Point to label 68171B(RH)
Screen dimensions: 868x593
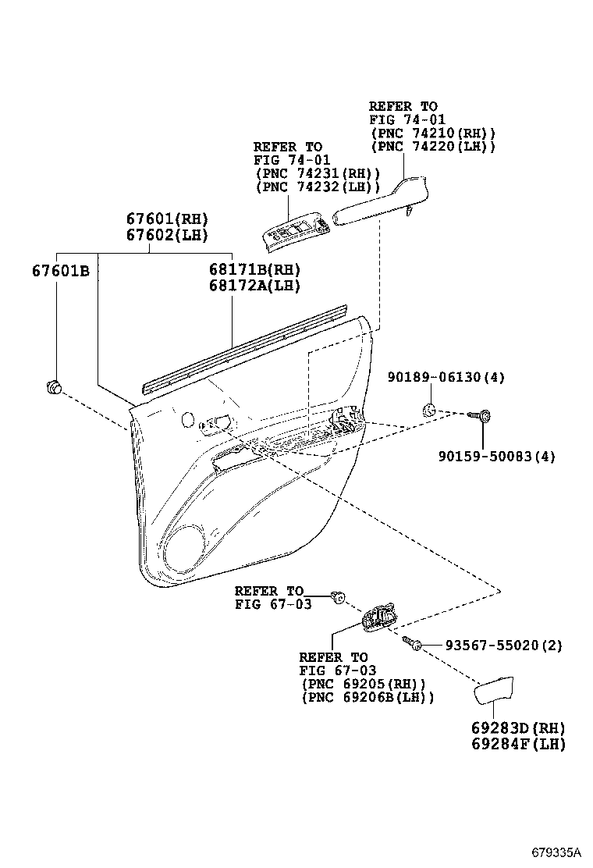[254, 269]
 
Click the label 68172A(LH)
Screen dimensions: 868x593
[254, 286]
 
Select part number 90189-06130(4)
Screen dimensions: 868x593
[446, 377]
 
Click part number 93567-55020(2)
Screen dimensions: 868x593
[503, 646]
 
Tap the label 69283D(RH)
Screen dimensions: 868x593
[517, 727]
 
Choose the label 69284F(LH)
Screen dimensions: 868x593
[517, 744]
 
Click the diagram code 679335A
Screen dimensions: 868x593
[558, 850]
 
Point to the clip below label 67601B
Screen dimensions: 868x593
[55, 386]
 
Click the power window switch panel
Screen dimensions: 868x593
[295, 232]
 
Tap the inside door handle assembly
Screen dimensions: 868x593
[379, 618]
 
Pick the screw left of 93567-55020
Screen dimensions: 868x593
[413, 643]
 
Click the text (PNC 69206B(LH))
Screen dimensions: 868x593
[368, 697]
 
